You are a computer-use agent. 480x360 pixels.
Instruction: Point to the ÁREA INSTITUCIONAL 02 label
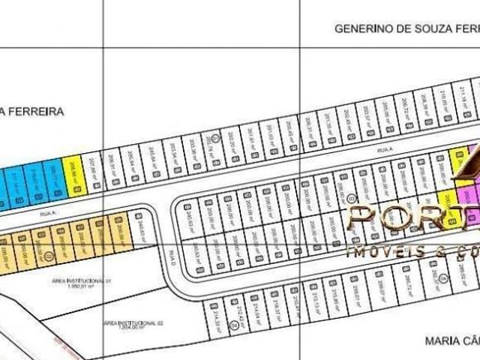pyautogui.click(x=133, y=322)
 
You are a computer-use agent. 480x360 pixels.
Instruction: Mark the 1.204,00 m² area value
pyautogui.click(x=133, y=327)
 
